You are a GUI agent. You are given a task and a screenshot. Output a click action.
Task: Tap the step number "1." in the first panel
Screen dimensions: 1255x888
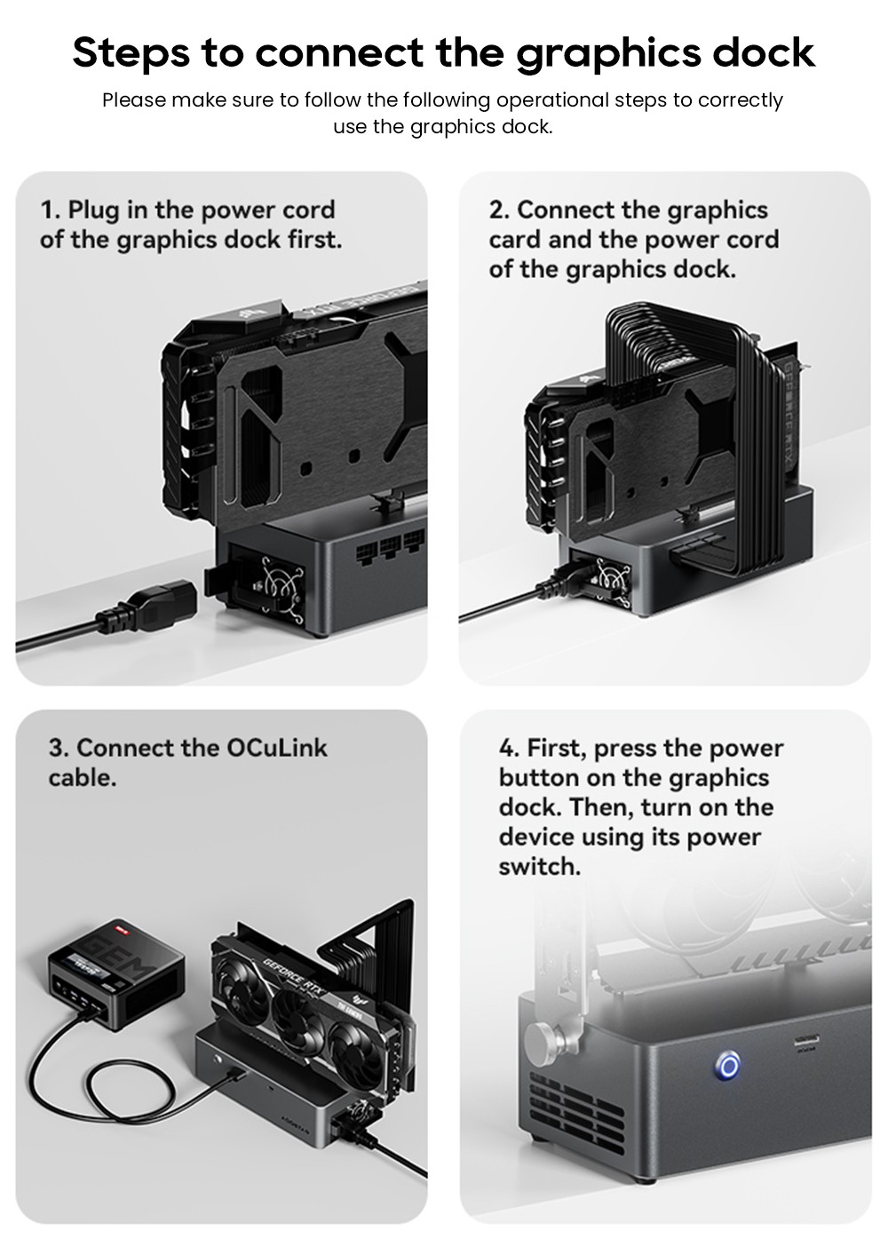click(51, 210)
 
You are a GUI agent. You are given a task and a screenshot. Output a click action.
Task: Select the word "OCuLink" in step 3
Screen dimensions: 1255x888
click(277, 748)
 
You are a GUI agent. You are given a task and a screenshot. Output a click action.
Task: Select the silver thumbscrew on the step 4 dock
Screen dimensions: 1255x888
click(543, 1038)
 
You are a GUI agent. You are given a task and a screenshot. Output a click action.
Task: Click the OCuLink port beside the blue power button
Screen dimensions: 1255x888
click(806, 1041)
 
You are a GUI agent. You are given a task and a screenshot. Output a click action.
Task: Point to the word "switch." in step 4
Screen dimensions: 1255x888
click(539, 867)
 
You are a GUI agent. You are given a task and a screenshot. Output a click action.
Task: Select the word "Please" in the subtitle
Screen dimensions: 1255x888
click(134, 99)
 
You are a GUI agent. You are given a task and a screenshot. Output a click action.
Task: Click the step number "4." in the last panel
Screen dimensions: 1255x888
click(510, 748)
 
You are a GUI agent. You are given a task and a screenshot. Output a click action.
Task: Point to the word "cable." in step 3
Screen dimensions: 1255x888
click(83, 778)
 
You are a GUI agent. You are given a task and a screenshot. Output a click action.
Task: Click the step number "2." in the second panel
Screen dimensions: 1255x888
click(500, 210)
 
